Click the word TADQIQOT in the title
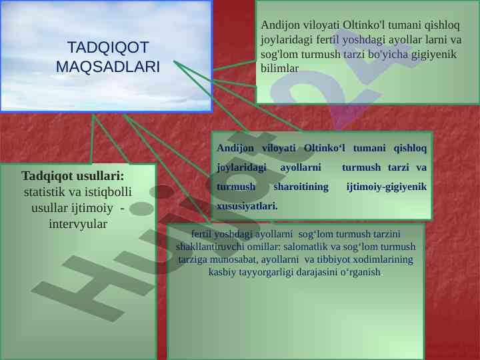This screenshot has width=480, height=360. point(108,47)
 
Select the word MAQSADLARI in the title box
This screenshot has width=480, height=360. point(108,67)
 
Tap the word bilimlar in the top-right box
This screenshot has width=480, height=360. point(279,68)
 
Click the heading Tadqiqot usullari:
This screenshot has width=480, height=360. point(73,176)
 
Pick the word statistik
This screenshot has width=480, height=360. point(45,192)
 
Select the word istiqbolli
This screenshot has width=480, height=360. point(108,192)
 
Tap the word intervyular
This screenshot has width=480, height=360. point(78,224)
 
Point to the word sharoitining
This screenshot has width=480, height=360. point(301,187)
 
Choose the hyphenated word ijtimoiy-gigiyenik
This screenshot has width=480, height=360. point(386,187)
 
